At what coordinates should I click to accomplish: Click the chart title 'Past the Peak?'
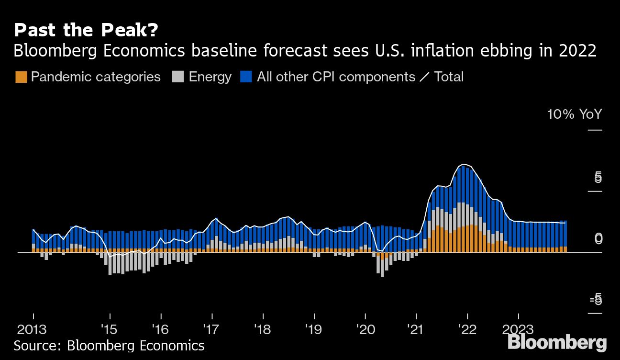coord(86,31)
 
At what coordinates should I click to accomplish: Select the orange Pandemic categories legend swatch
coord(21,77)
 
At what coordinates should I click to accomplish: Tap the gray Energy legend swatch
coord(177,77)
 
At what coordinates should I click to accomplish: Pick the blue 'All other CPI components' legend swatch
coord(246,77)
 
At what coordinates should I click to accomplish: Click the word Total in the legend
coord(449,77)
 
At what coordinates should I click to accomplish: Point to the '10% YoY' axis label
coord(575,114)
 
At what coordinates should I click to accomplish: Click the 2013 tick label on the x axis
coord(33,330)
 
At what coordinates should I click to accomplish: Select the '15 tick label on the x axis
coord(110,330)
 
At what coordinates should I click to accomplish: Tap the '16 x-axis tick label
coord(161,330)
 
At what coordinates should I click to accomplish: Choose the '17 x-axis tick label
coord(212,330)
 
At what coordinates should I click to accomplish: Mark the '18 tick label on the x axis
coord(263,330)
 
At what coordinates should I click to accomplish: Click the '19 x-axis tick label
coord(314,330)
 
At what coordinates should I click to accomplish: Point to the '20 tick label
coord(365,330)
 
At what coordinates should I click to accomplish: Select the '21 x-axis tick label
coord(416,330)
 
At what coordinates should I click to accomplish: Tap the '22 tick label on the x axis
coord(467,330)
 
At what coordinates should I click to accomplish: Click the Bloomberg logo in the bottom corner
coord(557,343)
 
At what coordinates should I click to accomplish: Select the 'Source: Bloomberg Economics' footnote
coord(109,345)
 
